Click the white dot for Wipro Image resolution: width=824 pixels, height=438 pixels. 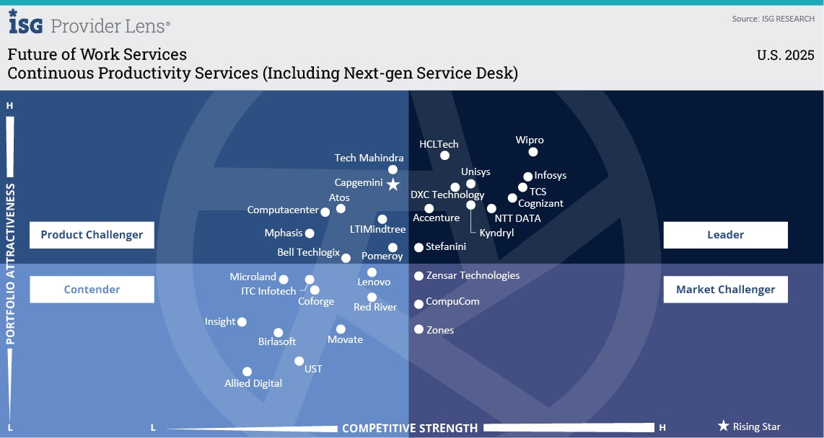coord(533,152)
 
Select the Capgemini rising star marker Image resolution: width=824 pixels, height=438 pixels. coord(393,184)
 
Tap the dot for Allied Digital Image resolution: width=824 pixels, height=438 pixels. coord(247,372)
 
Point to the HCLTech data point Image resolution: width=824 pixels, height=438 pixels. coord(444,155)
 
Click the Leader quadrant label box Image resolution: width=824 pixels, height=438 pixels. coord(725,235)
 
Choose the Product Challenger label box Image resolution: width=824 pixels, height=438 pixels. coord(92,235)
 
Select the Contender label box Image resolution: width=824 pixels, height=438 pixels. coord(92,290)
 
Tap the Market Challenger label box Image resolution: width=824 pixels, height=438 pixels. coord(725,290)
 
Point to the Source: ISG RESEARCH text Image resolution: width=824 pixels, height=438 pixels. coord(773,19)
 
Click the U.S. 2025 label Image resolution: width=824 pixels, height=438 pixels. coord(785,55)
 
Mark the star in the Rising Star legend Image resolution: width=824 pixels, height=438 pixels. coord(723,426)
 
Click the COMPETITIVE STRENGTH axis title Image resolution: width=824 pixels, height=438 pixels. coord(409,429)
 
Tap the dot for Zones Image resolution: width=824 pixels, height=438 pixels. coord(418,329)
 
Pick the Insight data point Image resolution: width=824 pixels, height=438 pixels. coord(242,322)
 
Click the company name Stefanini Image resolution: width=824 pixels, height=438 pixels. coord(446,246)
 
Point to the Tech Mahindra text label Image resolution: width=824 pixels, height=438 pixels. coord(369,158)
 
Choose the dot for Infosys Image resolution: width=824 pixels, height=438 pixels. coord(528,176)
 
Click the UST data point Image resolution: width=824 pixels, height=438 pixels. coord(299,361)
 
